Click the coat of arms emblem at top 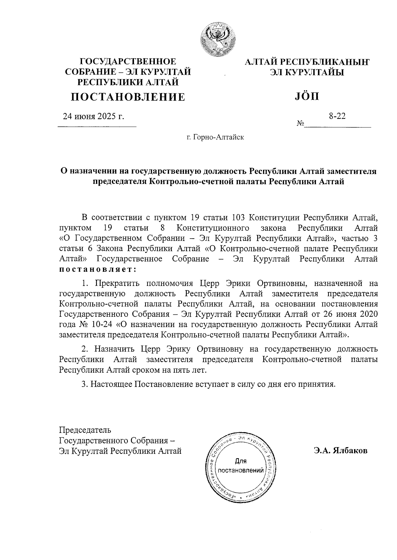click(x=218, y=39)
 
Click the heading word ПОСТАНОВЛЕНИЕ click(x=128, y=97)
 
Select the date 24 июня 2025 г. click(x=94, y=117)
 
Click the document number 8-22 click(x=337, y=116)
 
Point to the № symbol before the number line click(x=300, y=124)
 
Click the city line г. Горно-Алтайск click(x=215, y=137)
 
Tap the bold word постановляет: click(x=98, y=269)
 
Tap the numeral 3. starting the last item click(x=85, y=384)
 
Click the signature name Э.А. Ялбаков click(x=340, y=451)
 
